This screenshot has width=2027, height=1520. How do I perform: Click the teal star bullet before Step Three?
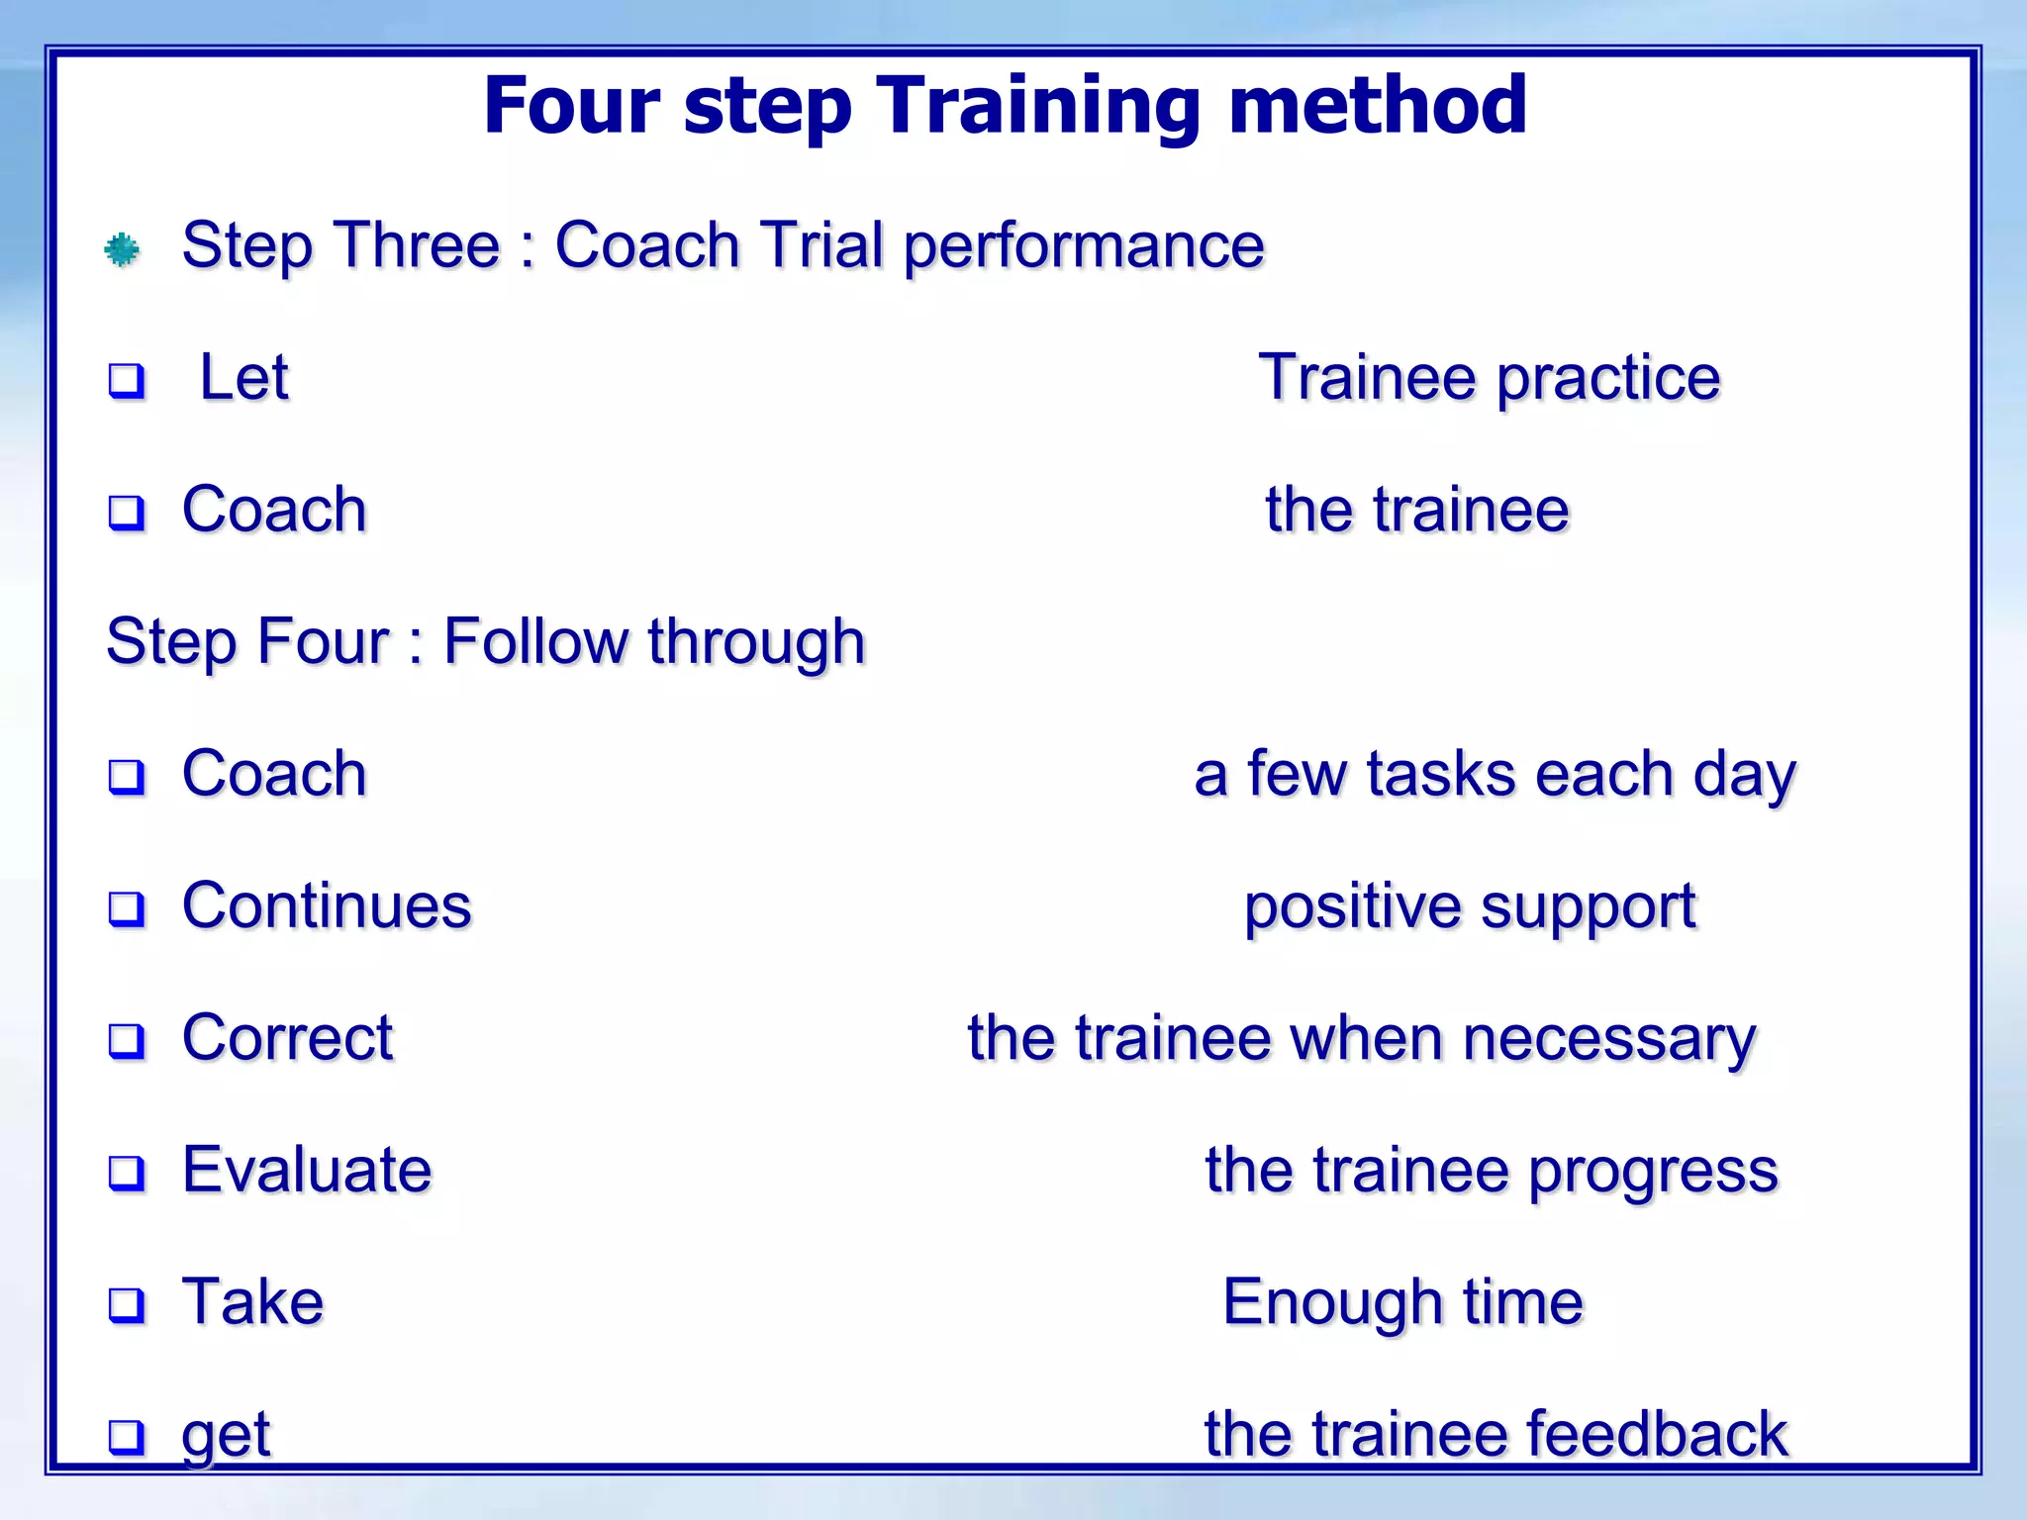click(122, 249)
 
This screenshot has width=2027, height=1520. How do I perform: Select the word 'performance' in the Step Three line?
click(1084, 246)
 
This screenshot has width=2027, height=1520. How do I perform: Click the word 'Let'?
click(243, 377)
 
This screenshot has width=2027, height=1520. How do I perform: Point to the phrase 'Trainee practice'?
click(1489, 379)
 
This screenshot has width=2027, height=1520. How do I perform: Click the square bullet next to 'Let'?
click(127, 381)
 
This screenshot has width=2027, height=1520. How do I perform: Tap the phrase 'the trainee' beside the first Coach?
click(1416, 511)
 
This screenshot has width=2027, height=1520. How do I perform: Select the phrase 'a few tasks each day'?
click(1495, 775)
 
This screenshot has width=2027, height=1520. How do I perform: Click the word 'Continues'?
click(327, 906)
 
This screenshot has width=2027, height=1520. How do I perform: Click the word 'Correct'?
click(287, 1038)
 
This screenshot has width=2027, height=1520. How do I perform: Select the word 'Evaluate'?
click(307, 1171)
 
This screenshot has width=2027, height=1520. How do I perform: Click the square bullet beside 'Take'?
click(127, 1305)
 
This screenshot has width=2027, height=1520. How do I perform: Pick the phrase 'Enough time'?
click(1402, 1302)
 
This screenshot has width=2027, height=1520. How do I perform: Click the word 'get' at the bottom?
click(226, 1436)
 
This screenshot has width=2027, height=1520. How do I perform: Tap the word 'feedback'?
click(1657, 1434)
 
